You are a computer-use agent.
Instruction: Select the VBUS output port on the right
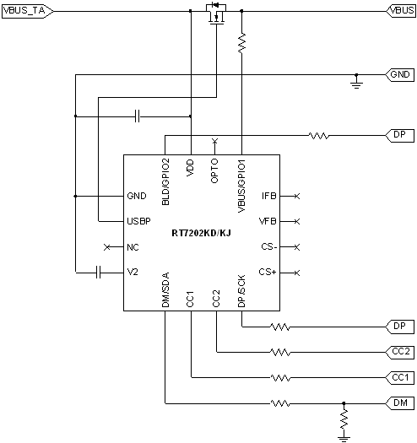[x=399, y=11]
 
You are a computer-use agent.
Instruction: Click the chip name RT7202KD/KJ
[x=201, y=233]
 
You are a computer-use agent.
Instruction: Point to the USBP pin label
[x=138, y=221]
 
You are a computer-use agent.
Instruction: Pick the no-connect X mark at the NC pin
[x=106, y=247]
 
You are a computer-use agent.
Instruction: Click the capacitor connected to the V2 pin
[x=99, y=272]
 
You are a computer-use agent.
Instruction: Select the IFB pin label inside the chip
[x=268, y=196]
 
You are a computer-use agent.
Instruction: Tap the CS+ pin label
[x=268, y=272]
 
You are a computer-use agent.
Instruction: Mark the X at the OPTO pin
[x=215, y=139]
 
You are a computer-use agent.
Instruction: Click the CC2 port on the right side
[x=399, y=352]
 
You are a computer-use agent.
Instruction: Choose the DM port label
[x=399, y=402]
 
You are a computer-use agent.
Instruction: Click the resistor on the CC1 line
[x=279, y=377]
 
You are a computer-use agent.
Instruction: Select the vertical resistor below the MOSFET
[x=241, y=43]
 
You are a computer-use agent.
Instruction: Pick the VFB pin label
[x=268, y=221]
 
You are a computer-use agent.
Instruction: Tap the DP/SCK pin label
[x=241, y=292]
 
